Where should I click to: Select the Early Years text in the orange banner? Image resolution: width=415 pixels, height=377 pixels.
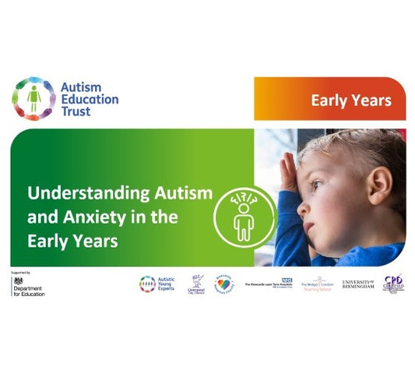pos(350,100)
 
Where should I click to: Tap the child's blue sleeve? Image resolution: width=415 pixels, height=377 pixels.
pos(292,234)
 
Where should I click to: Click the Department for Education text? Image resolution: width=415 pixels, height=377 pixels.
pos(30,292)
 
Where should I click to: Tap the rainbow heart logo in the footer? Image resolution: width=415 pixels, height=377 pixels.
pos(224,284)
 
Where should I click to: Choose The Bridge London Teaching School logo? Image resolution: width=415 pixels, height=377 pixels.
pos(317,284)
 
